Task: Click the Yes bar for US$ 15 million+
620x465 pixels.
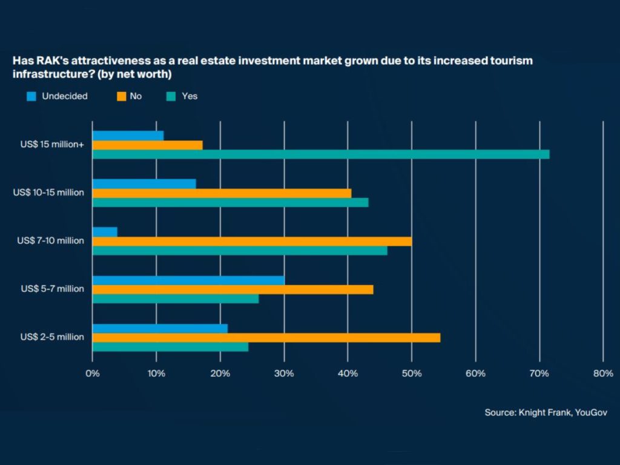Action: click(321, 154)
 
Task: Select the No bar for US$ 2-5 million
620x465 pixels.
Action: click(266, 338)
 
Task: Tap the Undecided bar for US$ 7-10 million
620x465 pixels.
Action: click(105, 232)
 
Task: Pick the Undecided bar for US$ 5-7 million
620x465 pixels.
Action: click(188, 280)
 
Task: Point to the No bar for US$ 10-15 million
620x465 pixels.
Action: click(222, 193)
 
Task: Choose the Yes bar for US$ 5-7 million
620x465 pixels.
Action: click(176, 298)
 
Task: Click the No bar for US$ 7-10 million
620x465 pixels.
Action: click(252, 242)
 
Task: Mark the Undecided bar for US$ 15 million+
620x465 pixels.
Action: click(128, 136)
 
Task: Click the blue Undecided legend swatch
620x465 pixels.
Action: click(32, 96)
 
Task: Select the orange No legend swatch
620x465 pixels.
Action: click(122, 96)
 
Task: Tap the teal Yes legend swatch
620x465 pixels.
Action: click(172, 96)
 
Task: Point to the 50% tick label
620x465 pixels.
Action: click(412, 374)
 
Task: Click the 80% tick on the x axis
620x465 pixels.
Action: click(603, 374)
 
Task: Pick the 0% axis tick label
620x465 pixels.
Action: click(92, 374)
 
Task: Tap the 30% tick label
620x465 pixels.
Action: click(284, 374)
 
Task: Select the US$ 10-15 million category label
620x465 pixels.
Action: click(48, 193)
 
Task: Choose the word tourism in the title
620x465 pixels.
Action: click(513, 61)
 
